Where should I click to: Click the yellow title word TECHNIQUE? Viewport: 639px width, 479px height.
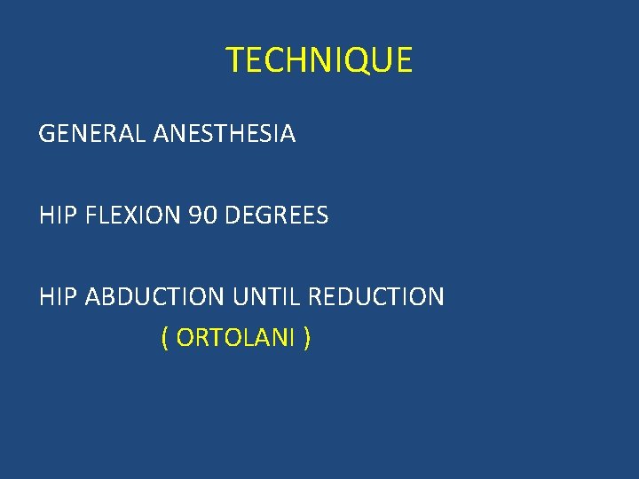tap(319, 60)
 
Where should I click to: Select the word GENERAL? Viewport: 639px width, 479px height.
tap(93, 135)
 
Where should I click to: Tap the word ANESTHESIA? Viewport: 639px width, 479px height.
tap(225, 135)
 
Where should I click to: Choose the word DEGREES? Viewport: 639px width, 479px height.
tap(276, 216)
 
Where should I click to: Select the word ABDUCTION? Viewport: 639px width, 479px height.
tap(155, 296)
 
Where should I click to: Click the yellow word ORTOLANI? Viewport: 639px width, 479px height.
tap(236, 338)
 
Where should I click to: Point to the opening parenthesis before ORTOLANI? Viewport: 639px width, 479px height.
tap(165, 338)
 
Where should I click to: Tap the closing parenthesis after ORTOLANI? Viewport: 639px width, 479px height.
tap(306, 338)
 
